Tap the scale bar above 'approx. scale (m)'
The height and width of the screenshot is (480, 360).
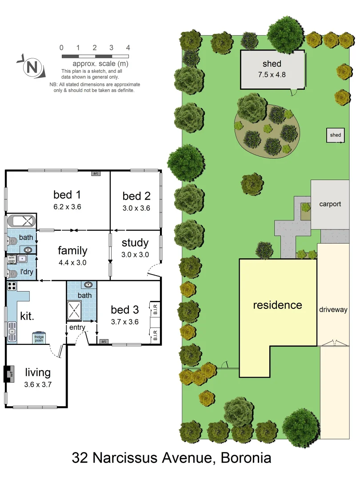coord(95,56)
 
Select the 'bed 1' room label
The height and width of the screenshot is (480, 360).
coord(67,195)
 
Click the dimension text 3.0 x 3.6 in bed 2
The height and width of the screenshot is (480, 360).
coord(136,208)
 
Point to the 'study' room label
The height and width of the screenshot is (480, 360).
coord(135,243)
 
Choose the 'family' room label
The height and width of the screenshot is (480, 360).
coord(72,251)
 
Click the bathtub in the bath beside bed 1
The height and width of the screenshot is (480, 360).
coord(22,221)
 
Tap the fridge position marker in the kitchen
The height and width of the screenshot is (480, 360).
coord(39,338)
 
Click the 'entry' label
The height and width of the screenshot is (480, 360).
coord(76,328)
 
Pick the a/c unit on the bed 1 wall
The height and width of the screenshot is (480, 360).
coord(96,173)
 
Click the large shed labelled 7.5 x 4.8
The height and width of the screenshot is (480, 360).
coord(272,70)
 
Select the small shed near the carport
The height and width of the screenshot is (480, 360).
coord(336,136)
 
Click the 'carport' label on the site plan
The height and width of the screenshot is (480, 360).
coord(330,204)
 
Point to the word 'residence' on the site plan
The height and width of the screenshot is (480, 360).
coord(277,305)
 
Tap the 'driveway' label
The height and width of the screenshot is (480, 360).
coord(333,309)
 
